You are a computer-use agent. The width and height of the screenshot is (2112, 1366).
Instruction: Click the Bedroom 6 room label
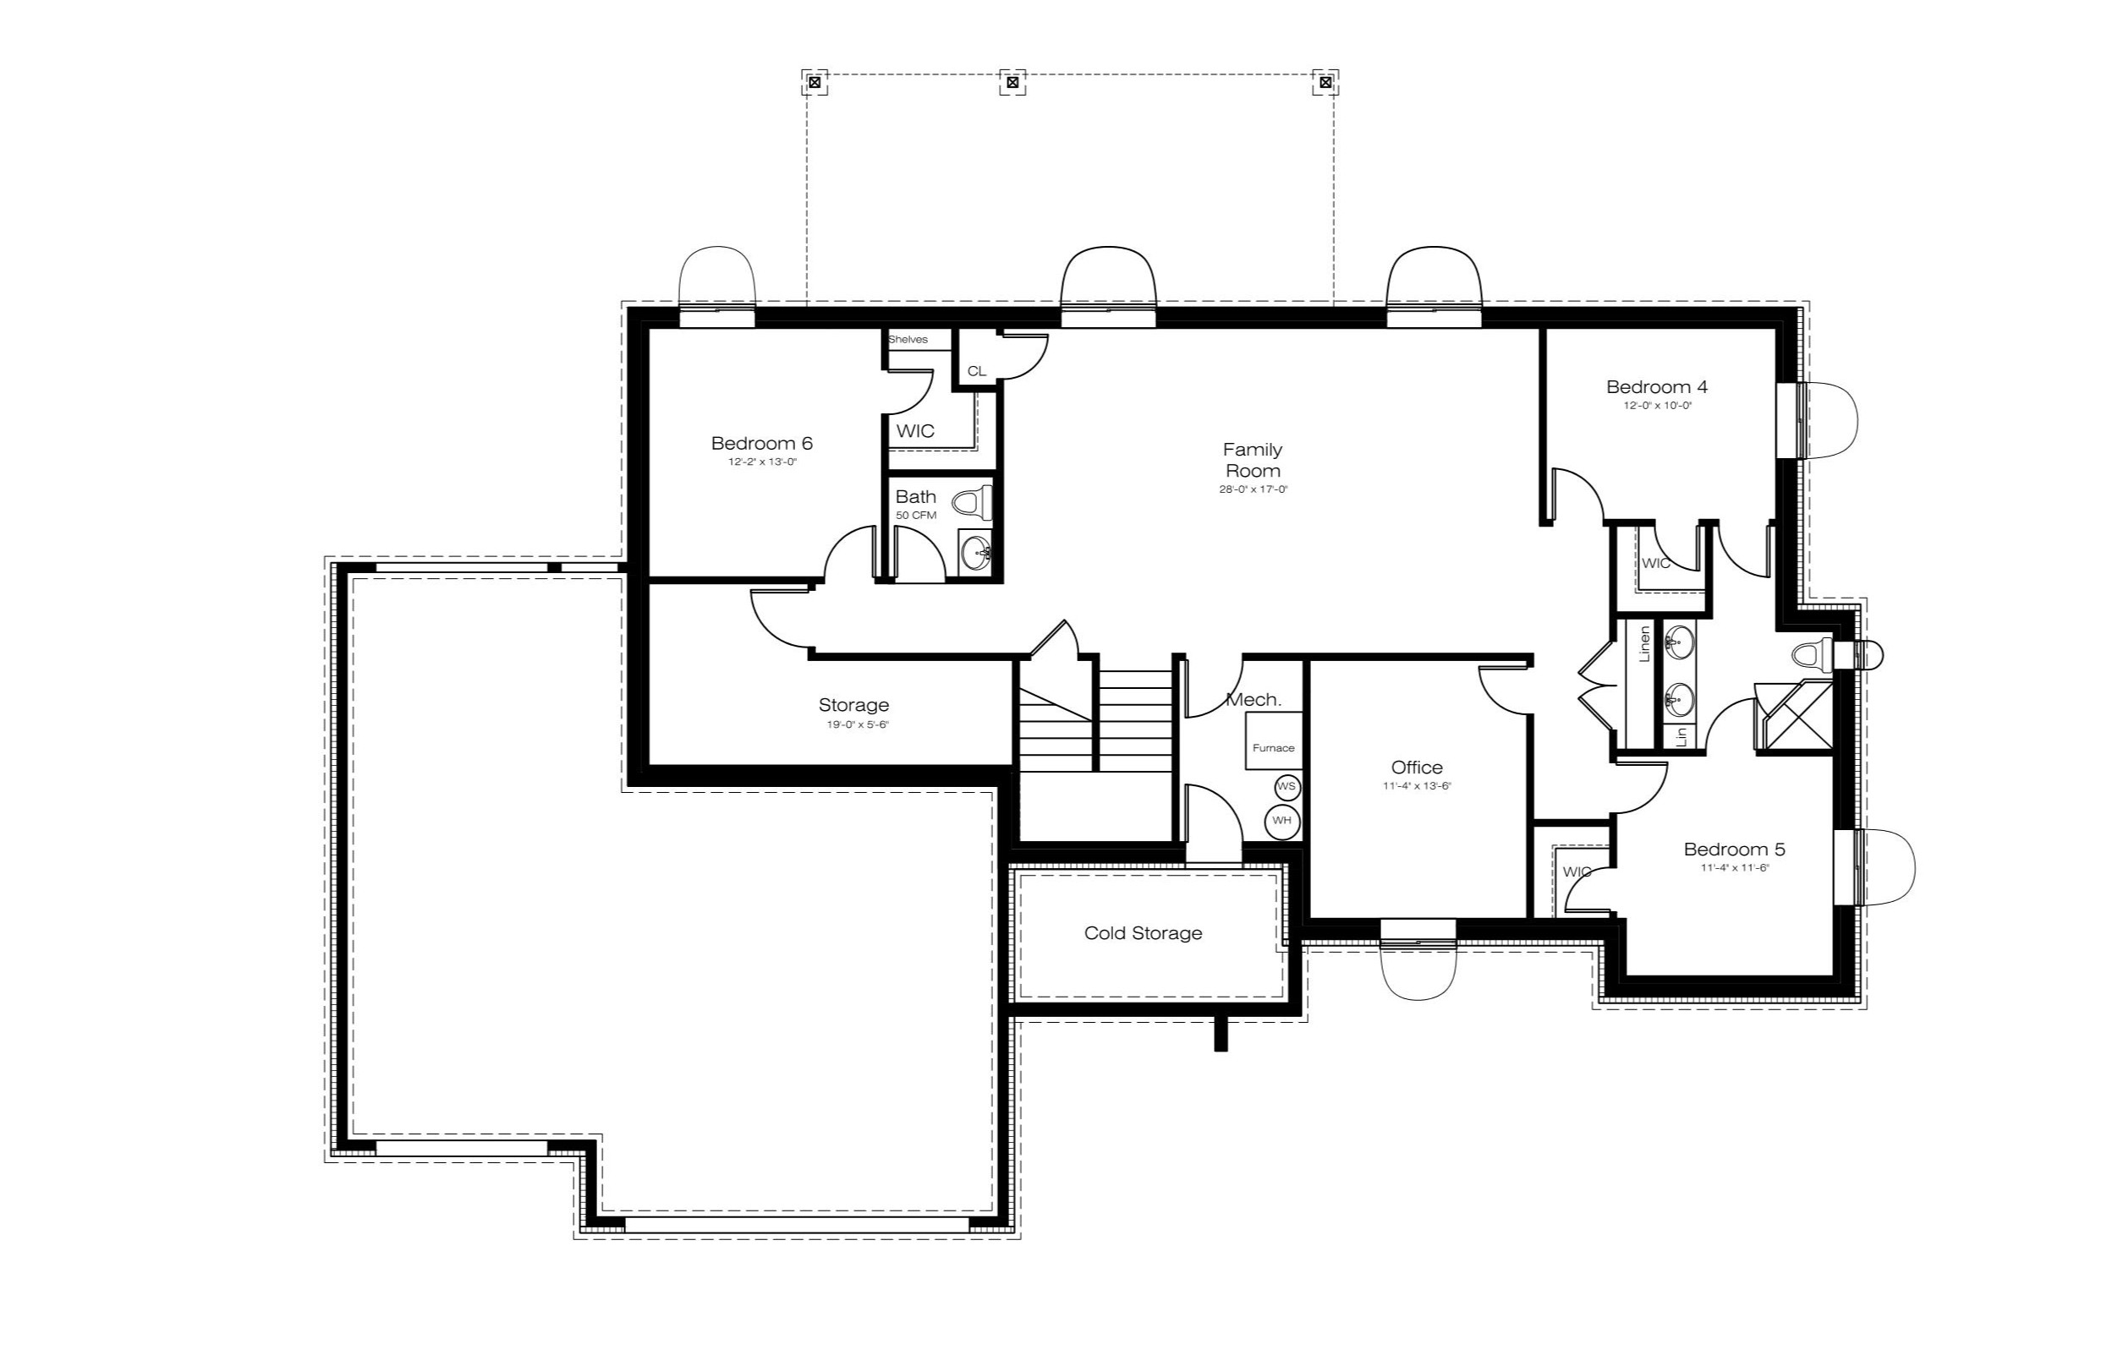point(761,443)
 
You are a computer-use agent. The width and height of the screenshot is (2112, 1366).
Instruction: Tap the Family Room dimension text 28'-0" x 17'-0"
point(1253,489)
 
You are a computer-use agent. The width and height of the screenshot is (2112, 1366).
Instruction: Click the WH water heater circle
point(1282,821)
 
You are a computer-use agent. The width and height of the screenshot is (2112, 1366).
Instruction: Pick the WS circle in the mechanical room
point(1286,787)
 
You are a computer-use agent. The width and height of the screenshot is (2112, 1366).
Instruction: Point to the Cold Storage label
point(1143,933)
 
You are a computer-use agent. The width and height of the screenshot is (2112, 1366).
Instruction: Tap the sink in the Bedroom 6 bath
point(976,553)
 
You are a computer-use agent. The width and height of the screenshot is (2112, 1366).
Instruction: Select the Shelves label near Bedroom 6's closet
point(908,340)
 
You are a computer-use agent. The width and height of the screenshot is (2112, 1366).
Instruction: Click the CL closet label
point(976,371)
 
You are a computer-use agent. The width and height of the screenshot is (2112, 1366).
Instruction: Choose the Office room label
point(1418,768)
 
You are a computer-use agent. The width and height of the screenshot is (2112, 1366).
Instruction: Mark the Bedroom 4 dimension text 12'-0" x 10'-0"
point(1658,406)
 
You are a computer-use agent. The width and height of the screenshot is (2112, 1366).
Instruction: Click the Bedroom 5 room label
point(1735,849)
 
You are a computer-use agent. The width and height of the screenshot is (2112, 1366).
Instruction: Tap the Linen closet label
point(1644,644)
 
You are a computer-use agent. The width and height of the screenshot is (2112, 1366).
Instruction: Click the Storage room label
point(853,705)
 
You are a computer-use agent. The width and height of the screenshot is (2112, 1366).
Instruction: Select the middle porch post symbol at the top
point(1012,83)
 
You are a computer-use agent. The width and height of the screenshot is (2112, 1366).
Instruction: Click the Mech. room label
point(1253,700)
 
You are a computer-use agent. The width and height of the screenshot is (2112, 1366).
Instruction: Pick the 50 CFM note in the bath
point(916,516)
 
